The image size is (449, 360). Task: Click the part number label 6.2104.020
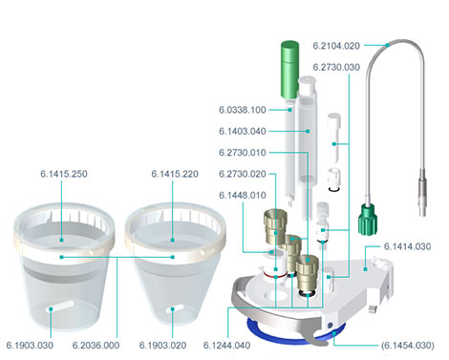[336, 46]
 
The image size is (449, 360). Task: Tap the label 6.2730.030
[336, 67]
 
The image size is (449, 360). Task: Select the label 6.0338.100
[243, 110]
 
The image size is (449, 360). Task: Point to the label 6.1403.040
[243, 131]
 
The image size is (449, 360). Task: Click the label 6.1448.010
[243, 195]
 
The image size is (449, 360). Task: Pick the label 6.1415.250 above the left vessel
[64, 174]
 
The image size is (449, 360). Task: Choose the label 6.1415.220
[175, 174]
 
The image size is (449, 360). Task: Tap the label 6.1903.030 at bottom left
[30, 346]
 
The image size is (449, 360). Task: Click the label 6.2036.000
[96, 346]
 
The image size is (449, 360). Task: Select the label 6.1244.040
[226, 346]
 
